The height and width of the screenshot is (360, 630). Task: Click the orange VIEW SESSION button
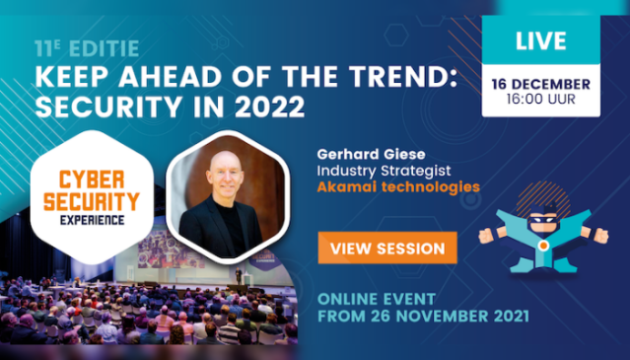pos(387,247)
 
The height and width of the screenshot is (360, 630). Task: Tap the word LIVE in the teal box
pos(540,42)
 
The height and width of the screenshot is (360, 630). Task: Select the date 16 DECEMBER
pos(540,84)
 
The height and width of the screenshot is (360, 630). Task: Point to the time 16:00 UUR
pos(540,101)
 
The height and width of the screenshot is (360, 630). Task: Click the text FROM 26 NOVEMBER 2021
pos(423,318)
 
